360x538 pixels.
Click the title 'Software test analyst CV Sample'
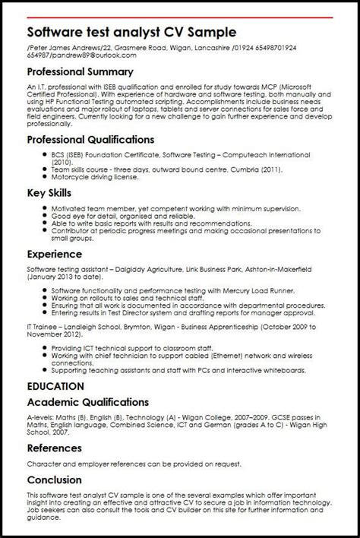pyautogui.click(x=132, y=33)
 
